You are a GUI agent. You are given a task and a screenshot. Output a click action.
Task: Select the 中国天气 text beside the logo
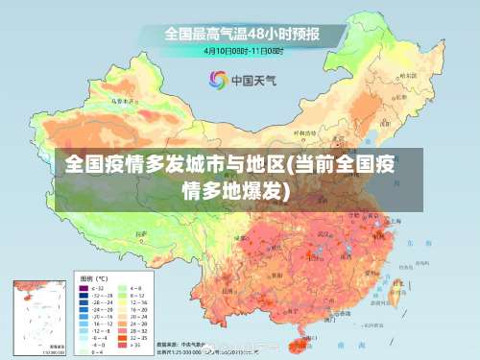(x=254, y=80)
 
